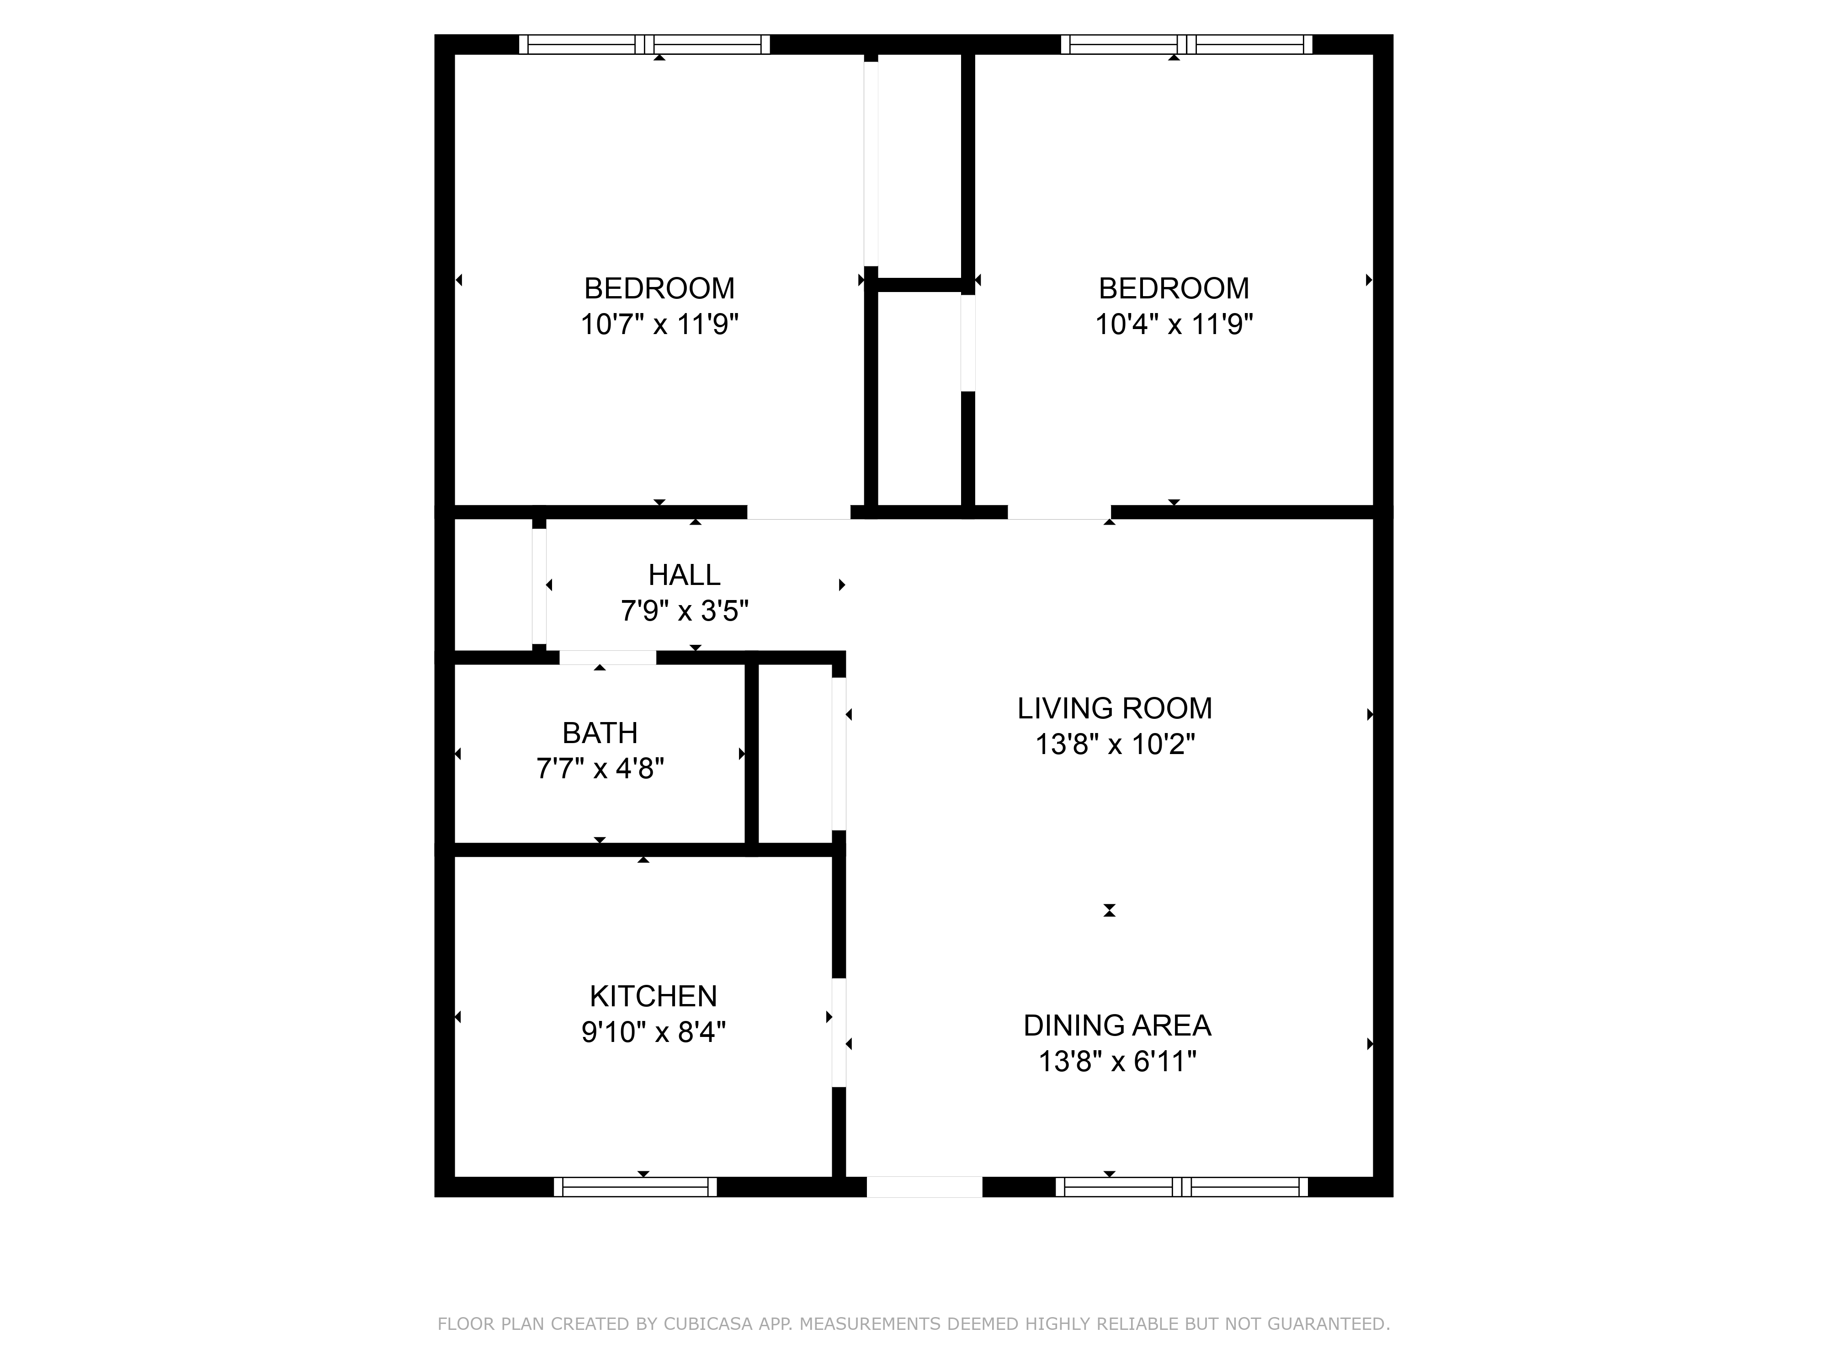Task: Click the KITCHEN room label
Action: click(x=653, y=996)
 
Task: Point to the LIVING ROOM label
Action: click(x=1114, y=708)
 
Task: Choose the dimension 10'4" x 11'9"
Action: click(x=1174, y=324)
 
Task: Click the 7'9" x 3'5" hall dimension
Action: click(x=684, y=611)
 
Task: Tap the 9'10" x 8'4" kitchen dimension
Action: click(x=653, y=1032)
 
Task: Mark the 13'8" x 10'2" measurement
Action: click(x=1115, y=744)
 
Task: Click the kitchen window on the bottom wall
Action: click(x=635, y=1187)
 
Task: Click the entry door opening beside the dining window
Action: click(x=924, y=1187)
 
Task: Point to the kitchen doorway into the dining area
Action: click(x=839, y=1033)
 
